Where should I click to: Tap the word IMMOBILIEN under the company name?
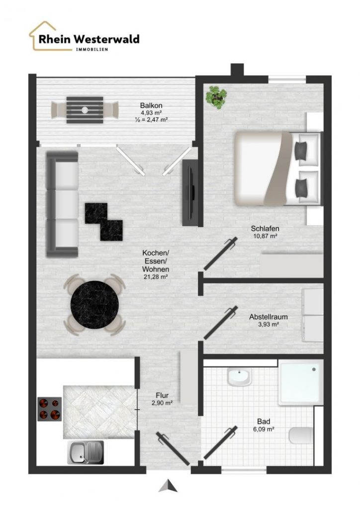pos(92,49)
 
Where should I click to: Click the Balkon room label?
pos(151,105)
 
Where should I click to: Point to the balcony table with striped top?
pos(85,110)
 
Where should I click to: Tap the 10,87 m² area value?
pos(265,236)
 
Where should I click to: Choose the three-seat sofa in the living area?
pos(62,204)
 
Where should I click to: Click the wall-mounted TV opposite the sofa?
pos(190,192)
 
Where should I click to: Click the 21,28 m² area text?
pos(156,277)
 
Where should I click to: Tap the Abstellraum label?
pos(269,317)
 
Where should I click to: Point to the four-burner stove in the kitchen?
pos(49,409)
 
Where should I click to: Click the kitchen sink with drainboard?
pos(86,452)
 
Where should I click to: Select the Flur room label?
pos(162,395)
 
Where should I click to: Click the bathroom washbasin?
pos(240,377)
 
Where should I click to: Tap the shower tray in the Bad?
pos(301,382)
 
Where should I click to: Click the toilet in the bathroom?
pos(301,436)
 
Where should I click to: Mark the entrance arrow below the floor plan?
pos(168,486)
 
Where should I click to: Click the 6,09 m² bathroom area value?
pos(264,429)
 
